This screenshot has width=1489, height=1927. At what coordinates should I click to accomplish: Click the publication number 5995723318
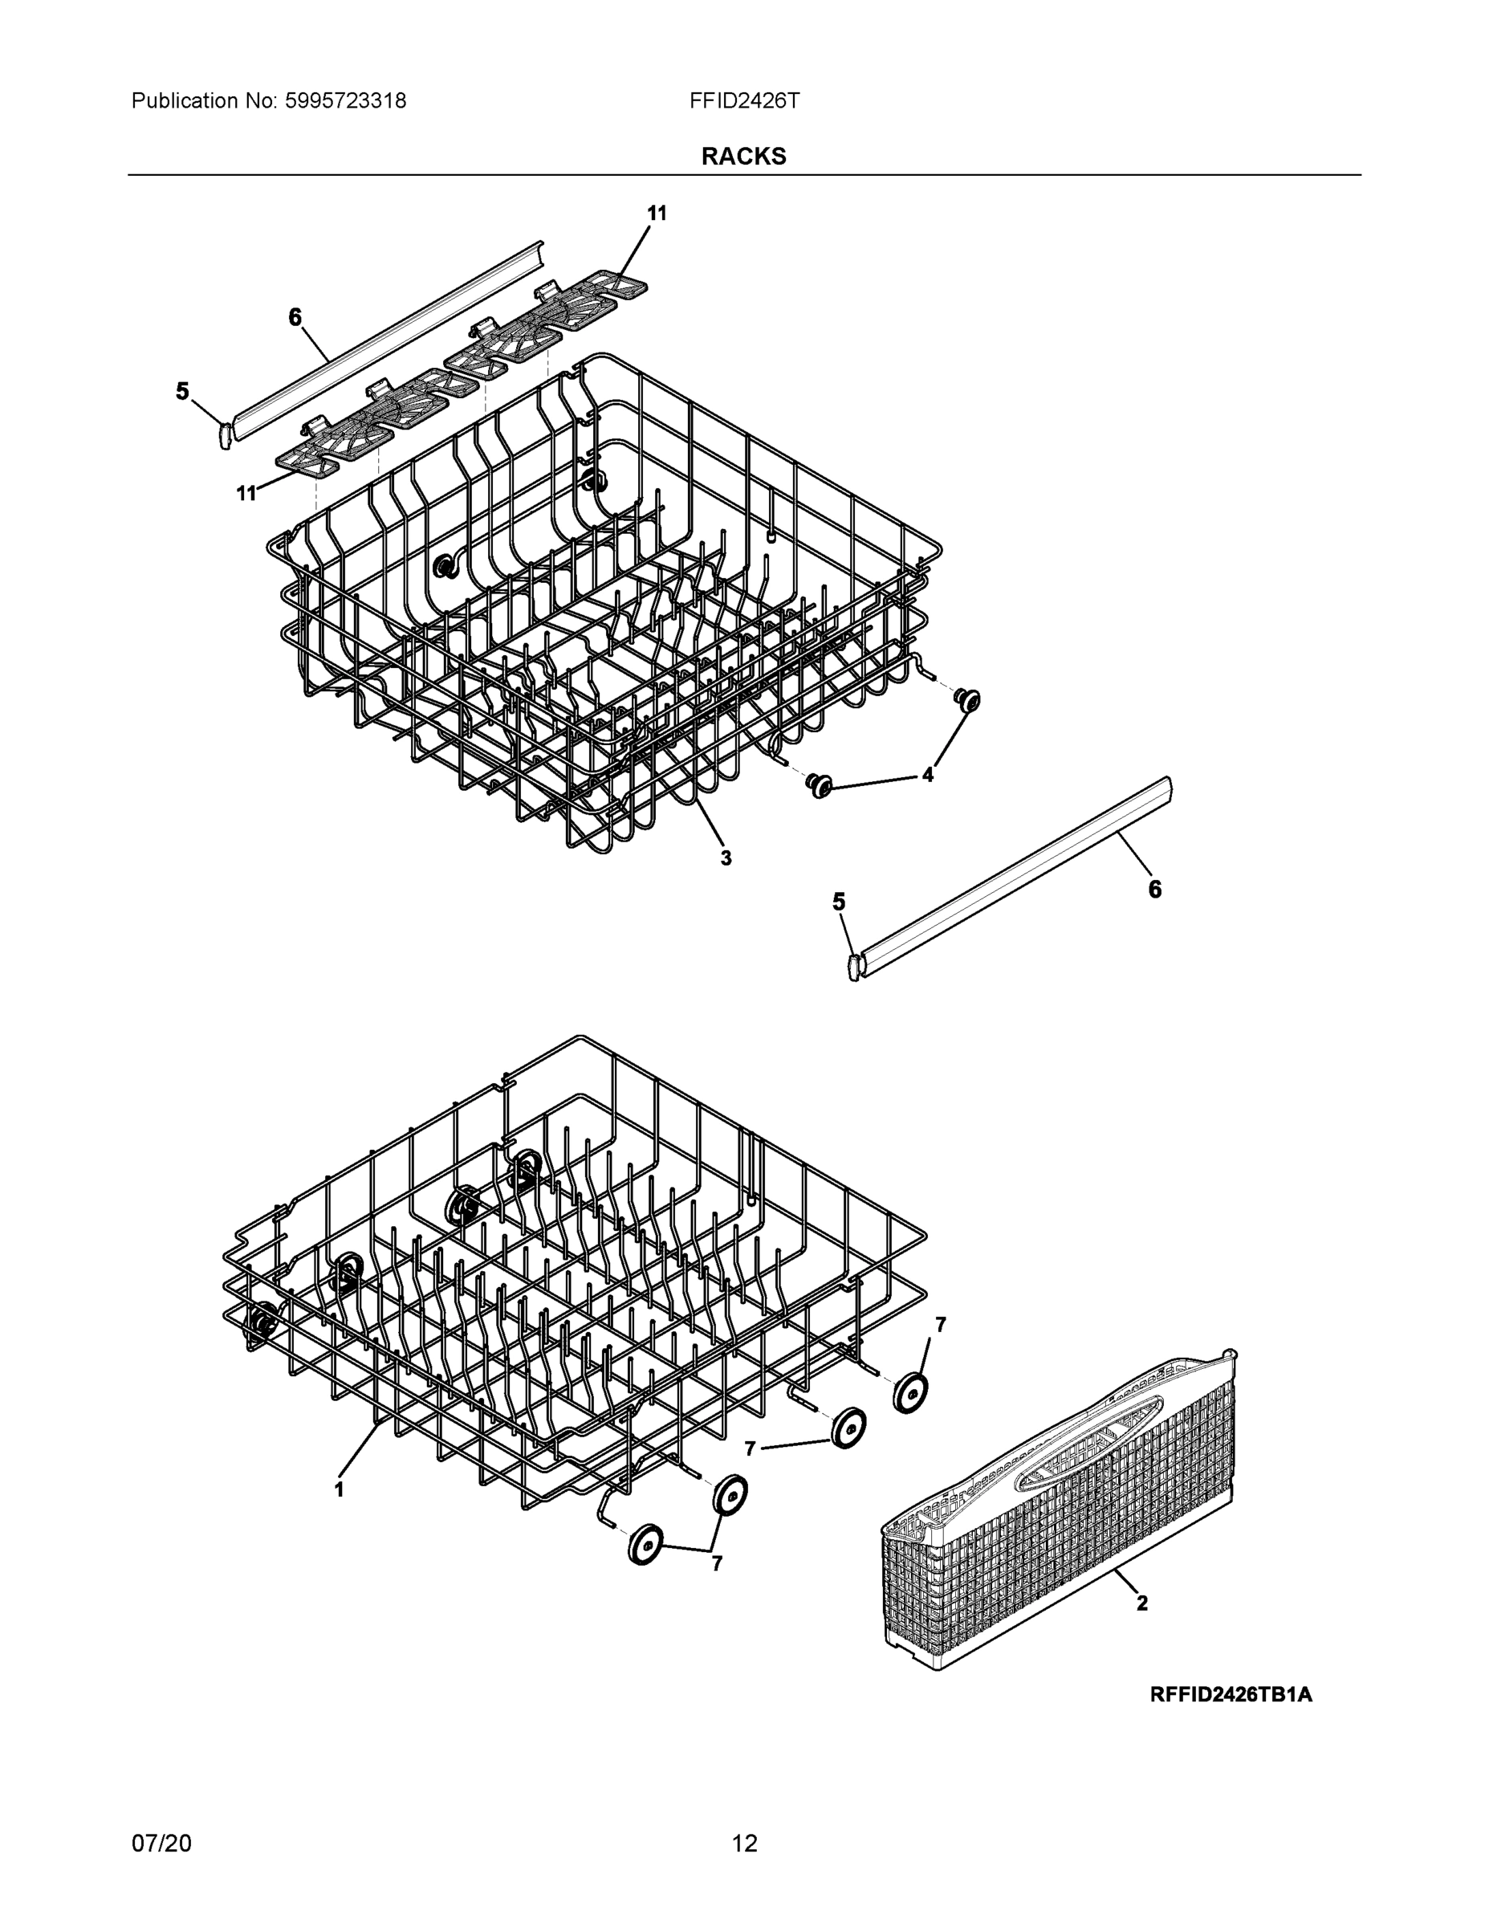(x=345, y=101)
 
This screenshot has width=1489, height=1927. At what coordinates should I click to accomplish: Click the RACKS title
(x=743, y=157)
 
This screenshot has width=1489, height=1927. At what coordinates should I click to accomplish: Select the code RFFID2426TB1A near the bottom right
(x=1231, y=1694)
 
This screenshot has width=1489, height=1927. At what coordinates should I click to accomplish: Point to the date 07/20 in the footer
(x=161, y=1843)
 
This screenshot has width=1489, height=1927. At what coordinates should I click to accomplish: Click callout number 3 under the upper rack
(x=726, y=858)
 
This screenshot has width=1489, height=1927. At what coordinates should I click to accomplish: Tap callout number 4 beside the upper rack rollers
(x=928, y=775)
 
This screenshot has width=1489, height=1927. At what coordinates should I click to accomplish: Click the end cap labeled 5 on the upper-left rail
(x=224, y=434)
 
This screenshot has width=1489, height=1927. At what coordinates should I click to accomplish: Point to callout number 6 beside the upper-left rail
(x=295, y=317)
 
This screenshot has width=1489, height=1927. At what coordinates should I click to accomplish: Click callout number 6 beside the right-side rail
(x=1155, y=890)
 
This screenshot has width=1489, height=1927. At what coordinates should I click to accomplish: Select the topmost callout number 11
(x=657, y=214)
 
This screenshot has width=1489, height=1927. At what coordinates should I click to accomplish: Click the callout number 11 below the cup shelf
(x=246, y=493)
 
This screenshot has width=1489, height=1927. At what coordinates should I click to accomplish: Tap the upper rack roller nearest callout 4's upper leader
(x=968, y=699)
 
